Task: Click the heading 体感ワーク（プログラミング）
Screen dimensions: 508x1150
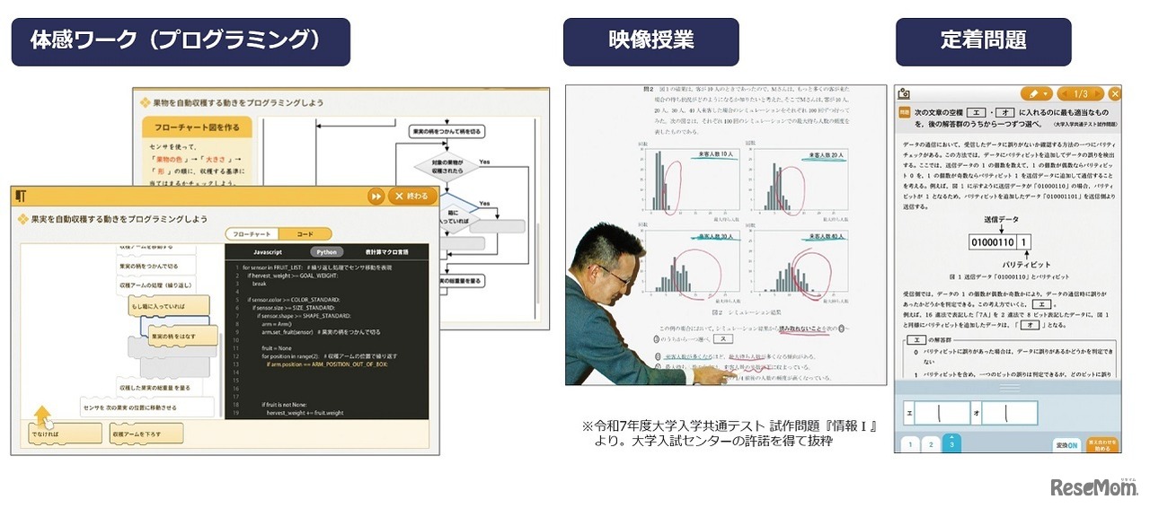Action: coord(181,41)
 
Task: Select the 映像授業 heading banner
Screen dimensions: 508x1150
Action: coord(650,41)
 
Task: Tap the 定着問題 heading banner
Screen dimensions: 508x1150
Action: coord(983,41)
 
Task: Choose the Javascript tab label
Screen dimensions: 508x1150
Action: coord(268,252)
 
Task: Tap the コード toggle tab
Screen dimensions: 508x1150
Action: coord(305,233)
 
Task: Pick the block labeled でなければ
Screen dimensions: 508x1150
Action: coord(64,434)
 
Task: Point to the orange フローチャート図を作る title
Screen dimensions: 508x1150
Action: coord(196,128)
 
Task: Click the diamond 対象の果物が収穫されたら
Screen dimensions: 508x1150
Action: coord(447,167)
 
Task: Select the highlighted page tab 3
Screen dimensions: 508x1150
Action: coord(951,443)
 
